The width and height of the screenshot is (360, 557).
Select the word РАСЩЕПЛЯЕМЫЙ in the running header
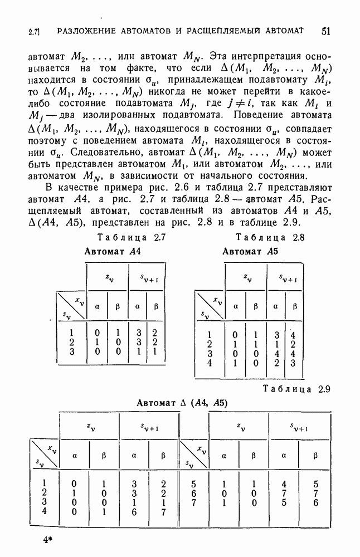tap(223, 31)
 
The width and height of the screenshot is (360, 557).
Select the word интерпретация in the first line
tap(256, 56)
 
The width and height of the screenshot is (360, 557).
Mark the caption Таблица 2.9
tap(296, 389)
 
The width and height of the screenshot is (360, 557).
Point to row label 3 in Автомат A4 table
tap(71, 353)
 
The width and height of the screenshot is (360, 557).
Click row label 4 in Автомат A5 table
tap(209, 363)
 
